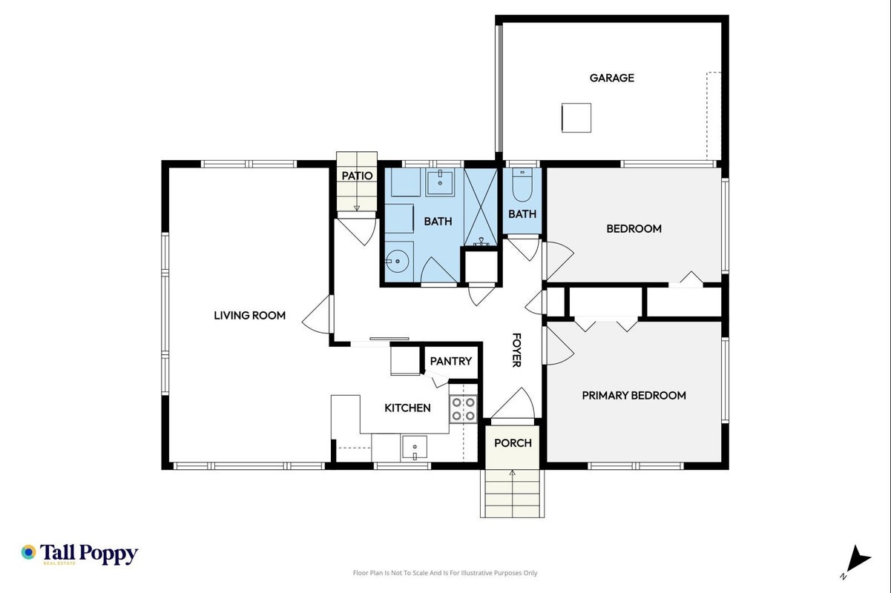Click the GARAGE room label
click(612, 78)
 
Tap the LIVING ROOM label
click(250, 316)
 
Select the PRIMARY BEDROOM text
click(634, 396)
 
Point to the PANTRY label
click(450, 361)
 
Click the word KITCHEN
click(407, 408)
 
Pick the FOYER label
click(516, 350)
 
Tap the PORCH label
click(513, 443)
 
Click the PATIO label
click(357, 176)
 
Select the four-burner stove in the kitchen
click(464, 408)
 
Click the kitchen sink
click(415, 448)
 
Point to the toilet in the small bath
click(522, 185)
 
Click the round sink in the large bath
click(398, 261)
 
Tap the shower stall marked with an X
click(481, 207)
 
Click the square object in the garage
click(576, 118)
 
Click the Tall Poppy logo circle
click(29, 552)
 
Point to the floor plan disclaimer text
click(445, 573)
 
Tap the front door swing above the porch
click(513, 403)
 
